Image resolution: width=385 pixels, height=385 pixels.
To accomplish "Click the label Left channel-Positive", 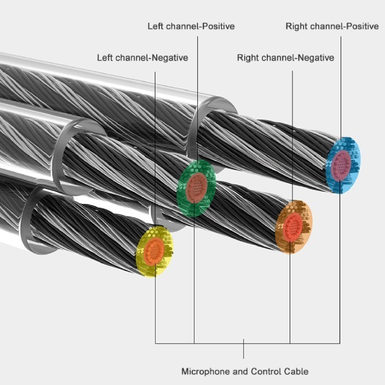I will pyautogui.click(x=191, y=26).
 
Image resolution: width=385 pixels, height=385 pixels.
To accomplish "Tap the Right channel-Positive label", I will pyautogui.click(x=332, y=26).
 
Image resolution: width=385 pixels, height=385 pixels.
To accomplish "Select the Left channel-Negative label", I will pyautogui.click(x=142, y=57).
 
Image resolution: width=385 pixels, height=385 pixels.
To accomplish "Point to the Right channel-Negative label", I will pyautogui.click(x=285, y=57).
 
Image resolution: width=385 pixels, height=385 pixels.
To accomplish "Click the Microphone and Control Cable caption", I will pyautogui.click(x=245, y=371).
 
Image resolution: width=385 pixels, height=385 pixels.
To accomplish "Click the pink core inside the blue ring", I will pyautogui.click(x=342, y=164).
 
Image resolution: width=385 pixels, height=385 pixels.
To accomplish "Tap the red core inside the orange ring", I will pyautogui.click(x=293, y=226).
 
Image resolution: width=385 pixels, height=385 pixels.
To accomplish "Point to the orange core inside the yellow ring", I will pyautogui.click(x=155, y=251).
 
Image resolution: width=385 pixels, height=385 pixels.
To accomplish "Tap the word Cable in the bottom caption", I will pyautogui.click(x=297, y=371).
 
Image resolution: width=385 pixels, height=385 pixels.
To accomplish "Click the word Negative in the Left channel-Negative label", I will pyautogui.click(x=169, y=57).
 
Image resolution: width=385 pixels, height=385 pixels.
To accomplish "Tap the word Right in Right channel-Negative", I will pyautogui.click(x=248, y=57).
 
